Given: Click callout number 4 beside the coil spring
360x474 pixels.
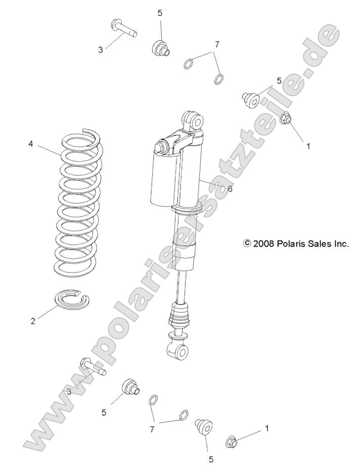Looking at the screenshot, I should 30,144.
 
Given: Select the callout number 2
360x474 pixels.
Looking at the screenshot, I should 33,321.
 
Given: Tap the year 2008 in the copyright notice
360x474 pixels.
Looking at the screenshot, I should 263,243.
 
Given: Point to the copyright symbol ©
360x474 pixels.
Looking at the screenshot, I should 247,243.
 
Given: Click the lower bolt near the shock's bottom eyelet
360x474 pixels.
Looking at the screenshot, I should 88,366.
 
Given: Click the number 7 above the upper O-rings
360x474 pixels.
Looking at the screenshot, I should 217,44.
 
